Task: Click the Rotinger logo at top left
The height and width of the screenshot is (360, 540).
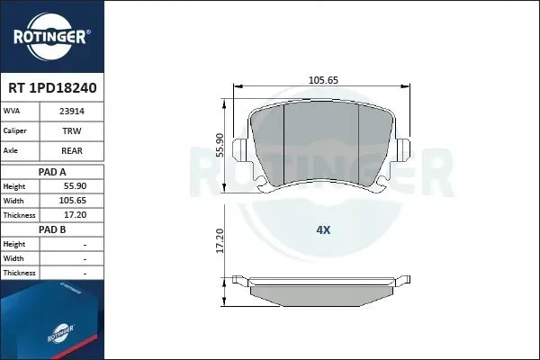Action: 51,37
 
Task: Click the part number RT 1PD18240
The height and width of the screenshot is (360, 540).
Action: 52,88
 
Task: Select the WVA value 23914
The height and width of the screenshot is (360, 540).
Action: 72,112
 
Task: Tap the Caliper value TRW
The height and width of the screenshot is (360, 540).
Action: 72,130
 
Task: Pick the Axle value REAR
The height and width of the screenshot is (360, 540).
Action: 72,151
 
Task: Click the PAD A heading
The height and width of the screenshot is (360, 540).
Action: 52,172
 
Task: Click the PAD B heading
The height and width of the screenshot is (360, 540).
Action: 52,229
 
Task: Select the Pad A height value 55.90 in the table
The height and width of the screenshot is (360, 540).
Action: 75,186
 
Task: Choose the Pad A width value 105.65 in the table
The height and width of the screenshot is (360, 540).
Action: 73,201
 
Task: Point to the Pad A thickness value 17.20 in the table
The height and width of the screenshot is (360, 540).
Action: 75,215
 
